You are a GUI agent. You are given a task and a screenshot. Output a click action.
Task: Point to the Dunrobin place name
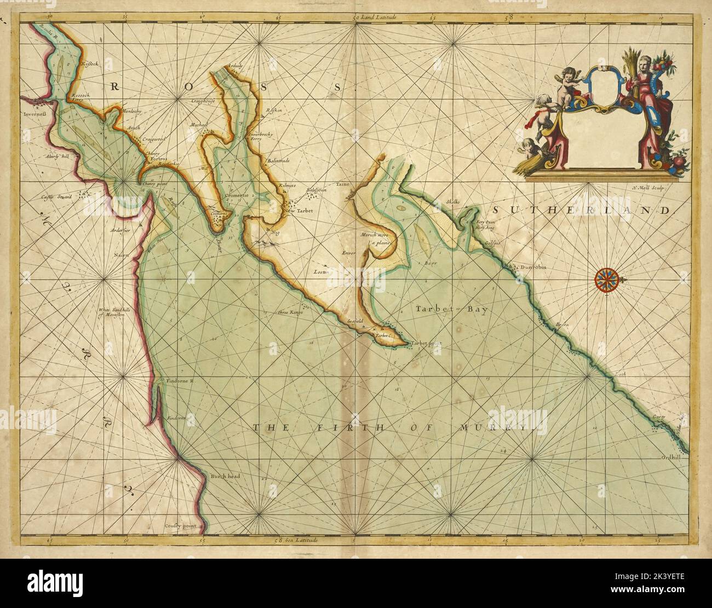click(x=533, y=268)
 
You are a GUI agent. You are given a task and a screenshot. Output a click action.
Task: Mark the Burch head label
click(x=225, y=476)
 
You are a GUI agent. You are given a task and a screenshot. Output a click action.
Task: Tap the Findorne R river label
click(x=176, y=380)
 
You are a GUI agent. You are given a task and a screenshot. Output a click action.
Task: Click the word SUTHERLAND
click(x=580, y=211)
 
